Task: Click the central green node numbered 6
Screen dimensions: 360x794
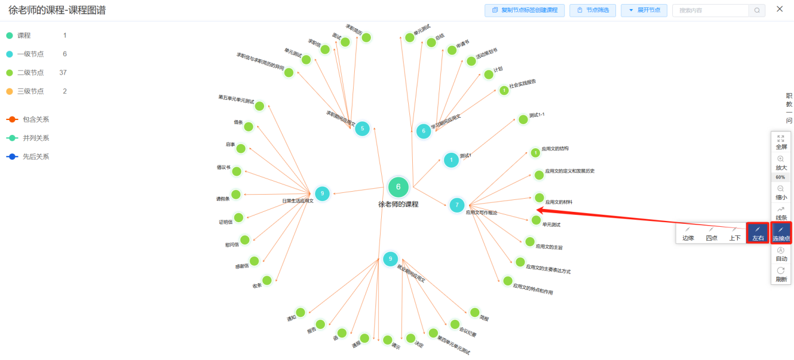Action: (398, 187)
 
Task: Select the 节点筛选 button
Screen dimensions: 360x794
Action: (592, 10)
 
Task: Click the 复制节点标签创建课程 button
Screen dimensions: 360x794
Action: (524, 10)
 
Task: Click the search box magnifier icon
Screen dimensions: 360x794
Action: (757, 10)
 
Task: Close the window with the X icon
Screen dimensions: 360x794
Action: (780, 9)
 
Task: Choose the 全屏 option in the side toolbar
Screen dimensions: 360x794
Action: (780, 142)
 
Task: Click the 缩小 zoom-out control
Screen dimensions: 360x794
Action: (780, 192)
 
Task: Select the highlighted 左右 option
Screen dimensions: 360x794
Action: (758, 233)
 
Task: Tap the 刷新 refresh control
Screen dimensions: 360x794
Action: (780, 274)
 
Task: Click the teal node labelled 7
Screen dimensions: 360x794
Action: (457, 204)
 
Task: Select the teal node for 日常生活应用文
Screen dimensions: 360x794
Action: (322, 193)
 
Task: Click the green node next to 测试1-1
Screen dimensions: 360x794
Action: (523, 119)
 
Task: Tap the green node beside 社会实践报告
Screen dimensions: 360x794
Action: (503, 90)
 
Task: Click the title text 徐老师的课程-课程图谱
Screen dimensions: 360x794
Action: (57, 10)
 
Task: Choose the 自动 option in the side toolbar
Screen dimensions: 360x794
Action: (780, 254)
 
